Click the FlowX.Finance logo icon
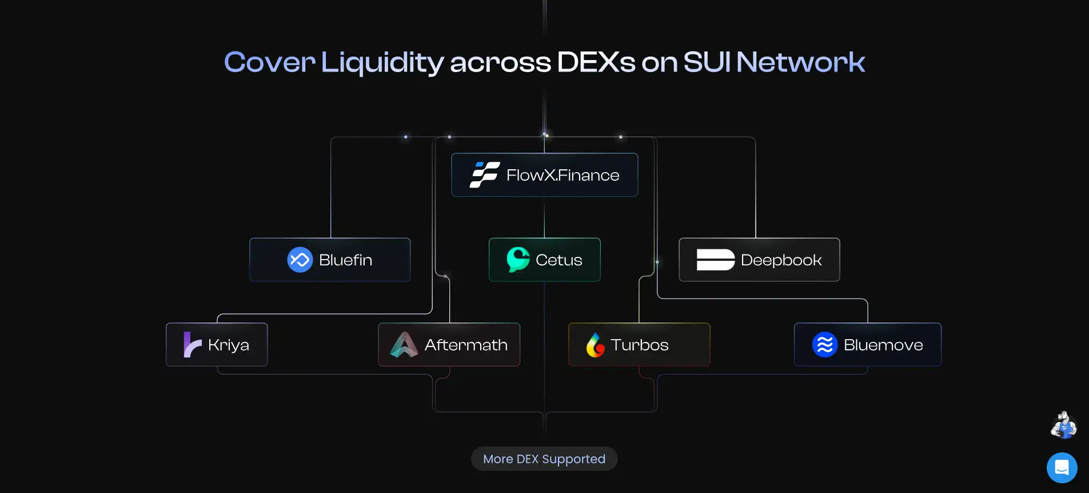(x=485, y=175)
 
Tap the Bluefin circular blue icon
(x=300, y=260)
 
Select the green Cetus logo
(x=518, y=259)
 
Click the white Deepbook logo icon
(x=715, y=260)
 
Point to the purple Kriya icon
(x=192, y=345)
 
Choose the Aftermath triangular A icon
(x=404, y=345)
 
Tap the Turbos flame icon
(x=595, y=345)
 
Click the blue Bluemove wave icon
(x=824, y=345)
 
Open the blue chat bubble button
(x=1062, y=468)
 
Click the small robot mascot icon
(x=1063, y=425)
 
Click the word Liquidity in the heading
(x=382, y=62)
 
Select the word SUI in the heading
(x=707, y=62)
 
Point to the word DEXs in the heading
(x=596, y=62)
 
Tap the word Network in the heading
(x=800, y=62)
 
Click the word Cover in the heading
(x=269, y=62)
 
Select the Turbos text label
(x=639, y=345)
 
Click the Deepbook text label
(x=781, y=260)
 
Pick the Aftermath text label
(x=466, y=345)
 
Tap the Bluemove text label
(x=883, y=345)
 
